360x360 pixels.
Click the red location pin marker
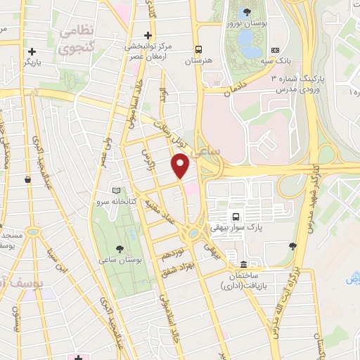click(x=181, y=166)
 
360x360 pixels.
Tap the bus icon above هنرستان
click(x=199, y=50)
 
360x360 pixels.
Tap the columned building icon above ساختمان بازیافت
click(x=243, y=265)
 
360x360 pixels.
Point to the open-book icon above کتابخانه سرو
click(x=117, y=191)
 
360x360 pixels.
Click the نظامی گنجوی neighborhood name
click(x=77, y=39)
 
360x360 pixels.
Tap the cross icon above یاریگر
click(x=32, y=51)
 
